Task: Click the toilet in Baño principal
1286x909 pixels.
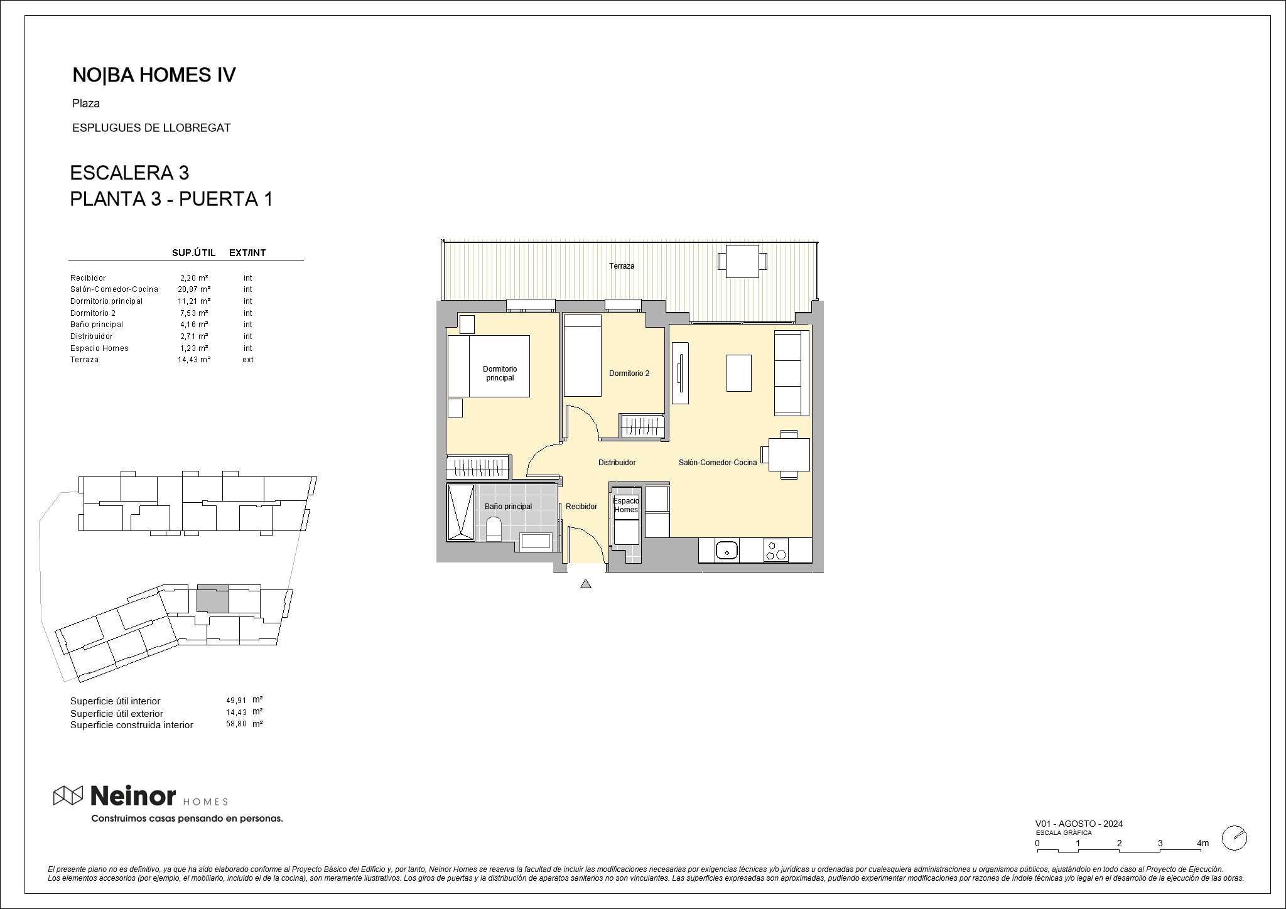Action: [494, 529]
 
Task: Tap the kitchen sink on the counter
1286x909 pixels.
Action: [727, 551]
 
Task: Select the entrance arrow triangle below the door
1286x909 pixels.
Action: [586, 584]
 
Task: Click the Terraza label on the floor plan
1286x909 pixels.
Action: [622, 266]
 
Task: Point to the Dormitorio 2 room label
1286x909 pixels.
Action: [629, 374]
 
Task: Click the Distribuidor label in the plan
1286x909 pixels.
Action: [617, 463]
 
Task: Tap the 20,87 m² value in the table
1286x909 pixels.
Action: [194, 289]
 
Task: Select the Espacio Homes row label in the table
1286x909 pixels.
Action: [99, 348]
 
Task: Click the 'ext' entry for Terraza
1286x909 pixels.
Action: [248, 360]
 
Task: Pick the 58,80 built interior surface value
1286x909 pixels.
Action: [236, 724]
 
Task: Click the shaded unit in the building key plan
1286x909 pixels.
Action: [213, 600]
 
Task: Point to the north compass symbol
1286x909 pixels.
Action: [1235, 838]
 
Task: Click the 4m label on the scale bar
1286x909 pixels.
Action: [1202, 843]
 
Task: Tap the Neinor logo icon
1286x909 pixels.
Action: [68, 795]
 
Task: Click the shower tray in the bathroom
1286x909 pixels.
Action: [461, 512]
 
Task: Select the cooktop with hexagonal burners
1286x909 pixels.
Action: [776, 551]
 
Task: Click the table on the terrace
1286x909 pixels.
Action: [742, 261]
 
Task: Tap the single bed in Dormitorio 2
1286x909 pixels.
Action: [583, 355]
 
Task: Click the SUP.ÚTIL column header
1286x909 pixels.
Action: [194, 253]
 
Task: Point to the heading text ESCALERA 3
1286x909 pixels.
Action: [129, 173]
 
